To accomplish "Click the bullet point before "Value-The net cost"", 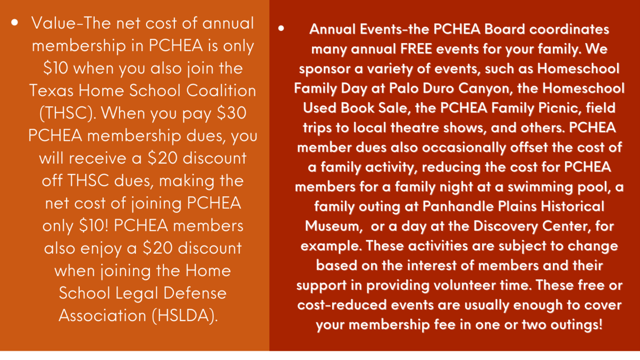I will (15, 23).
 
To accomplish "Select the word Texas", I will (49, 90).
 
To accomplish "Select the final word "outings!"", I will (573, 324).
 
